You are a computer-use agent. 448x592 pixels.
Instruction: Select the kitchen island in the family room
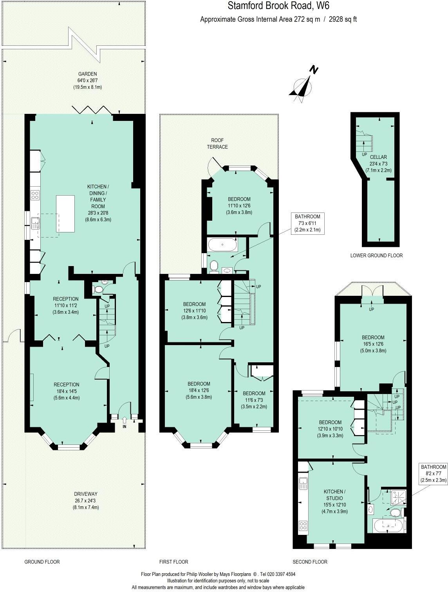[65, 214]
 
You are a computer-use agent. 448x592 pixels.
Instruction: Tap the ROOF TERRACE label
[217, 143]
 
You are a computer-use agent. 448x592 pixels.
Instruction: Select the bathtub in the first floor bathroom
[222, 245]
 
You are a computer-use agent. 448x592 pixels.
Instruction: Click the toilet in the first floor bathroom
[214, 266]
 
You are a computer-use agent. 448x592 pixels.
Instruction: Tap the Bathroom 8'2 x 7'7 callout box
[433, 473]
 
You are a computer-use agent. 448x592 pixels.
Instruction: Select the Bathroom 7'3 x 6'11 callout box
[307, 223]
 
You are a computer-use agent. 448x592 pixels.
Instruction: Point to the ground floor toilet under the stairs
[98, 289]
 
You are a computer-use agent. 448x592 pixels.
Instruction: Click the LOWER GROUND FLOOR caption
[376, 256]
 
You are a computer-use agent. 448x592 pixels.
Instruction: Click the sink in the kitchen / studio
[303, 484]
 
